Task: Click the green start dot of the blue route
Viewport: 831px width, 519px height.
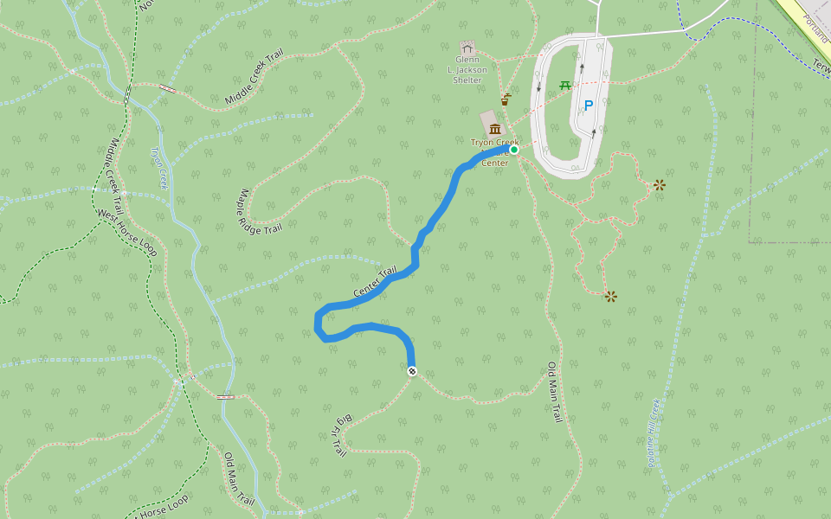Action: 514,150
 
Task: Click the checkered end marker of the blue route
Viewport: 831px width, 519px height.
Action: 412,372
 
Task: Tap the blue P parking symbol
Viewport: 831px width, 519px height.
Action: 589,106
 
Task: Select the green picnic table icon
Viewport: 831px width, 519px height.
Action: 565,85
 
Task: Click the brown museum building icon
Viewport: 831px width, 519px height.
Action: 495,129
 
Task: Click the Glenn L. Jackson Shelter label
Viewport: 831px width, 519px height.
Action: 467,69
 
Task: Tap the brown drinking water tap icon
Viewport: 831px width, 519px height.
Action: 505,99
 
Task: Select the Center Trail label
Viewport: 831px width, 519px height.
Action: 375,281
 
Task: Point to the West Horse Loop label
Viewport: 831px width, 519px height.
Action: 126,232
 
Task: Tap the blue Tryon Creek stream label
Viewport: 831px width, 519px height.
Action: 158,167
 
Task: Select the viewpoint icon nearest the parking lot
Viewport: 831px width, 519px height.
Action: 660,184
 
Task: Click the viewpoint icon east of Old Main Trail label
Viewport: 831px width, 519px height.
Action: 611,297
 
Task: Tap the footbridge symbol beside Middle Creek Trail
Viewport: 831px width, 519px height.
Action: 167,88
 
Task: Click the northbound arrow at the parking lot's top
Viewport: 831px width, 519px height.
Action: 582,66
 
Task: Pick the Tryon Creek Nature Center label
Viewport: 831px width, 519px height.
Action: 494,152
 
